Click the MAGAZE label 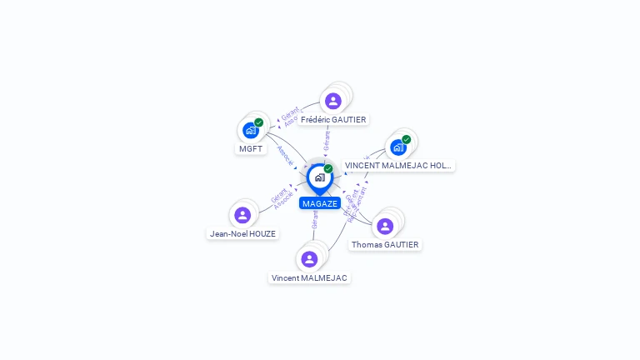click(320, 203)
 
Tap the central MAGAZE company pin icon click(319, 177)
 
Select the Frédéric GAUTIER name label click(333, 119)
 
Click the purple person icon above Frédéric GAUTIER click(333, 101)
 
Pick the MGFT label click(251, 149)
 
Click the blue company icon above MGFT click(250, 130)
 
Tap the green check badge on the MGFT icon click(259, 122)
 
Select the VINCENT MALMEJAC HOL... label click(398, 166)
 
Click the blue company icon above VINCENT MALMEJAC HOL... click(397, 147)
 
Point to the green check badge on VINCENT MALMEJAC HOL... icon click(407, 139)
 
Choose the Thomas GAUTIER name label click(385, 245)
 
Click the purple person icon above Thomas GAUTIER click(385, 226)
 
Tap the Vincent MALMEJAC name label click(309, 277)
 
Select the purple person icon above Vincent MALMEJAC click(309, 259)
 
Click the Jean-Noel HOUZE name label click(242, 234)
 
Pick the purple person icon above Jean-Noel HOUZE click(242, 215)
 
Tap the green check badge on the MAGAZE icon click(328, 169)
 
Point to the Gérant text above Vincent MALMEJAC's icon click(315, 220)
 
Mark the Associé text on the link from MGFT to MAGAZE click(285, 156)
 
